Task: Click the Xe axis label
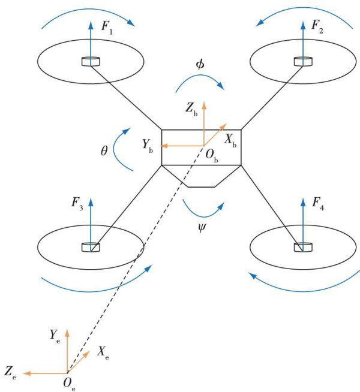pos(102,353)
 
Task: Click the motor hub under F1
pos(90,61)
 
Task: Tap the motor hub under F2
pos(302,61)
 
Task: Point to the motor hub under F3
pos(90,246)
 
